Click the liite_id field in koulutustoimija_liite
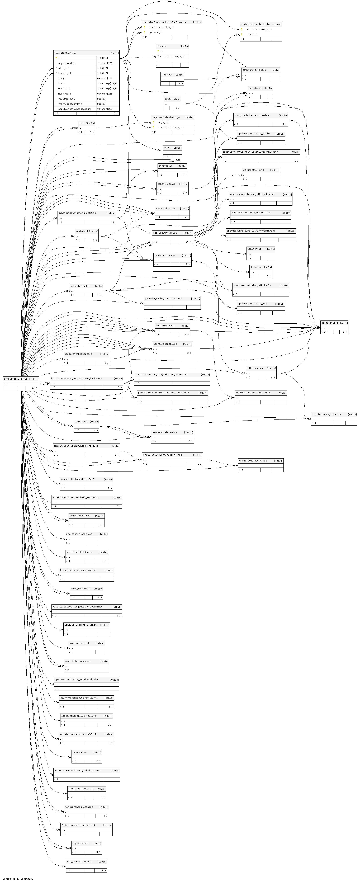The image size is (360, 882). pyautogui.click(x=253, y=35)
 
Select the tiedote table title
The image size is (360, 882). pyautogui.click(x=162, y=46)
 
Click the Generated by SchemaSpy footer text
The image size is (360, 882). pyautogui.click(x=18, y=879)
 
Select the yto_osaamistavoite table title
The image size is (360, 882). pyautogui.click(x=79, y=861)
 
